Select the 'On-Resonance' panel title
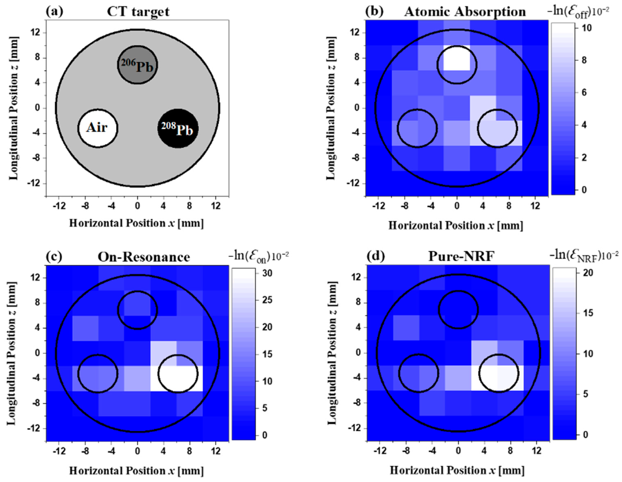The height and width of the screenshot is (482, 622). click(144, 257)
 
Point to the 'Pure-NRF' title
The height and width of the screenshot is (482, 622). click(461, 257)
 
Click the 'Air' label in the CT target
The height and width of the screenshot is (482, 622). click(97, 127)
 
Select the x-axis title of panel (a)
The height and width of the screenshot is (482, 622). click(136, 223)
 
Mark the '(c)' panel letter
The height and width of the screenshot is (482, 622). click(54, 256)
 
